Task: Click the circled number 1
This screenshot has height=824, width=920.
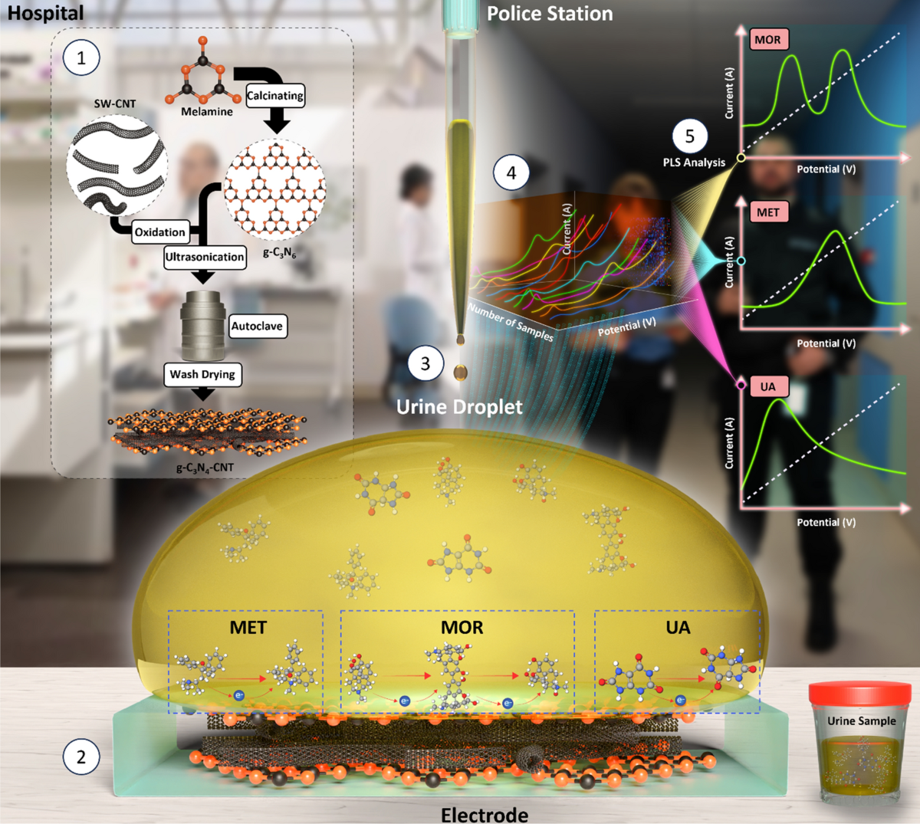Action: click(x=81, y=57)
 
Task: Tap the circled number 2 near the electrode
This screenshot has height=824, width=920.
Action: click(x=81, y=757)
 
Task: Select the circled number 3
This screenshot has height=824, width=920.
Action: click(x=426, y=363)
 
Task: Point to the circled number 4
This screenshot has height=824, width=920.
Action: click(x=511, y=172)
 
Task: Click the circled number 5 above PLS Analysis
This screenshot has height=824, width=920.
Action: click(x=689, y=136)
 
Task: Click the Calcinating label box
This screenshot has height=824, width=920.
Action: click(x=275, y=95)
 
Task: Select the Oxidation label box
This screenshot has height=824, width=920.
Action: click(x=159, y=232)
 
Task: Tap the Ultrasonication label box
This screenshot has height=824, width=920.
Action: click(x=205, y=257)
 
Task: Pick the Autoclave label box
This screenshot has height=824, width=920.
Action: click(x=257, y=326)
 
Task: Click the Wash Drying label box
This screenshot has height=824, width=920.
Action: click(x=202, y=374)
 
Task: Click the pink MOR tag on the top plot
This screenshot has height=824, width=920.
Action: click(x=767, y=40)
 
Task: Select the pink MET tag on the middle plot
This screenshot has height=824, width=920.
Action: click(x=767, y=212)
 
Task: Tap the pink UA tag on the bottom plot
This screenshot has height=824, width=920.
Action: click(x=767, y=386)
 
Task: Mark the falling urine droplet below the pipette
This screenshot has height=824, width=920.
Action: click(x=460, y=372)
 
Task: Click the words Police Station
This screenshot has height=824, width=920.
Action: click(x=550, y=13)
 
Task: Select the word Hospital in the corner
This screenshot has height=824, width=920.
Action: click(x=46, y=13)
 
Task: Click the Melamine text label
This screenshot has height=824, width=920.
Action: click(x=207, y=112)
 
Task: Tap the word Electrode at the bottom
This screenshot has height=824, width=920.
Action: click(x=485, y=814)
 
